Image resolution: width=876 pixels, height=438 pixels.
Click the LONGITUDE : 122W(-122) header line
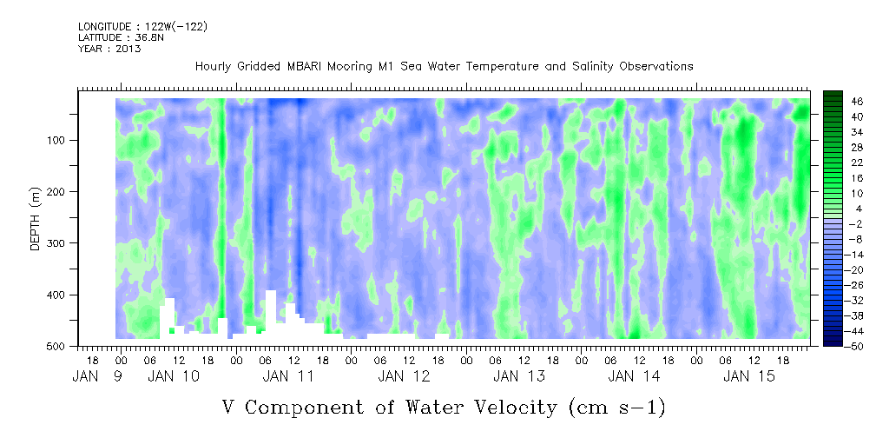142,27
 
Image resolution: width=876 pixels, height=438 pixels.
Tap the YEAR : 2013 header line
109,49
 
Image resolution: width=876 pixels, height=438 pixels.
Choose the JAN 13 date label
519,376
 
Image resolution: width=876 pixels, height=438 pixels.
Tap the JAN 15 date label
749,376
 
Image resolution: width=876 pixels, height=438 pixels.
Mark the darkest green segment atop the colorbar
833,95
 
